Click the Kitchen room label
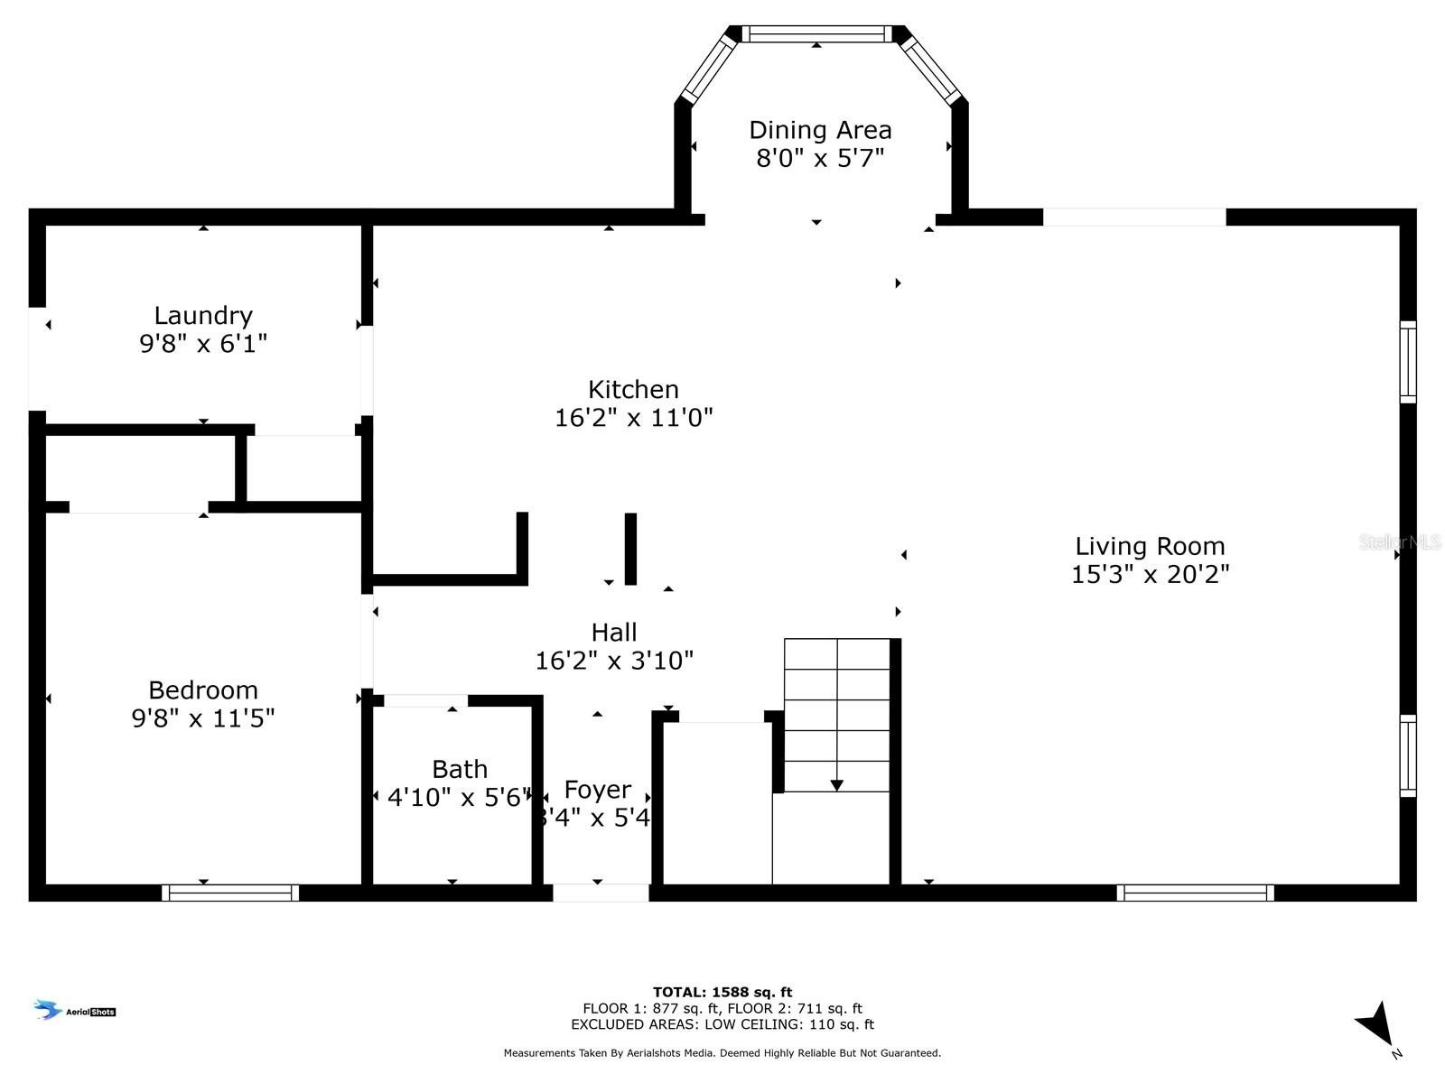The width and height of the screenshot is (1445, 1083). pos(633,389)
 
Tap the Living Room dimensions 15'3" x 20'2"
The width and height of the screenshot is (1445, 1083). pos(1150,575)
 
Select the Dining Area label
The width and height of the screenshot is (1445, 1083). pos(820,130)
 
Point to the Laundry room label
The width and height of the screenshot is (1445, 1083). pos(203,315)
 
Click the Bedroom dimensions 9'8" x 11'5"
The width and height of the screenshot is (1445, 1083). pos(203,718)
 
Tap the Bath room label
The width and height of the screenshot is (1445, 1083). pos(460,769)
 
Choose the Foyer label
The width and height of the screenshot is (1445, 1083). pos(597,790)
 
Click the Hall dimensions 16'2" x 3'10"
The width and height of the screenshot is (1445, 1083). pos(614,661)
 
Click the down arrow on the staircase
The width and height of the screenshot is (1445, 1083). pos(836,784)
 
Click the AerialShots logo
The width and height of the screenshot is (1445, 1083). pos(75,1011)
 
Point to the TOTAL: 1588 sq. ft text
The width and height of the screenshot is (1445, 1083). pos(722,992)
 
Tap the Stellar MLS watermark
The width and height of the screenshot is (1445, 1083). pos(1400,542)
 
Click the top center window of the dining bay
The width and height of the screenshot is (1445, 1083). pos(816,34)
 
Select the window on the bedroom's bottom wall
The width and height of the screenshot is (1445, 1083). pos(230,893)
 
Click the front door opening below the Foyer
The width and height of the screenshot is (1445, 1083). pos(601,893)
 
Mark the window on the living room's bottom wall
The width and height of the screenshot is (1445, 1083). pos(1195,893)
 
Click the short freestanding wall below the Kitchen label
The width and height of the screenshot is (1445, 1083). pos(630,549)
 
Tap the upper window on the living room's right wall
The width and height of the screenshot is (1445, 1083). pos(1408,361)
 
